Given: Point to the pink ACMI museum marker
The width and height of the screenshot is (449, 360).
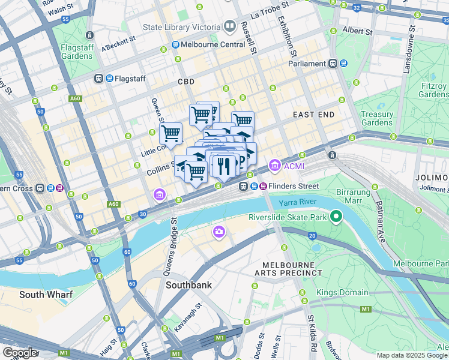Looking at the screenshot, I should [x=274, y=164].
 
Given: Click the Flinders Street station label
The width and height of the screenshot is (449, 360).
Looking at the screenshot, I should [x=293, y=186].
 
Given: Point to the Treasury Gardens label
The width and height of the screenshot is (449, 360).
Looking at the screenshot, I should [x=378, y=118].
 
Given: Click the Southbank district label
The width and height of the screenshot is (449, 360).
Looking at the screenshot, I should [x=188, y=285].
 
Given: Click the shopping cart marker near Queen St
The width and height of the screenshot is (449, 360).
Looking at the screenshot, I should [x=170, y=133].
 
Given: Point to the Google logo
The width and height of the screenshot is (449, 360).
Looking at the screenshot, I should [x=19, y=353].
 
